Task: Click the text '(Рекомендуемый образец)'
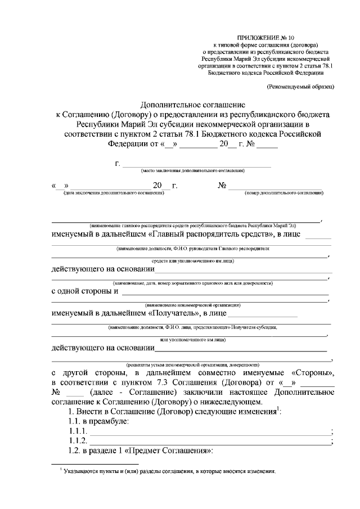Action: point(300,87)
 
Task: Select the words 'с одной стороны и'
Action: point(84,291)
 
